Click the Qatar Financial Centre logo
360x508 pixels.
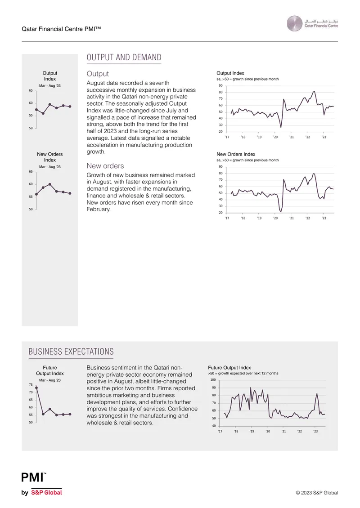(x=312, y=24)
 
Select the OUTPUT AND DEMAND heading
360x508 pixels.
(x=124, y=58)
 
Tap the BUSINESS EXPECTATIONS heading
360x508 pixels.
(x=71, y=352)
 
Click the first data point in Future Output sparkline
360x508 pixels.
(x=36, y=388)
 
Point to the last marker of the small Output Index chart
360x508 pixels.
(x=70, y=106)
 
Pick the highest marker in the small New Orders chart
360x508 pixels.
(x=49, y=184)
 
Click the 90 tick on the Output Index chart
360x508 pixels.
(x=220, y=85)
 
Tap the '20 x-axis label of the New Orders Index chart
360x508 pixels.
(x=275, y=218)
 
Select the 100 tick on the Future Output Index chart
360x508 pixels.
(x=213, y=380)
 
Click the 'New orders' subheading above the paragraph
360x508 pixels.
(x=105, y=166)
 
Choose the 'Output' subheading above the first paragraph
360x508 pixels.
(x=98, y=74)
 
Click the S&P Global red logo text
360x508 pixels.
(x=46, y=492)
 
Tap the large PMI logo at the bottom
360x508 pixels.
(x=33, y=477)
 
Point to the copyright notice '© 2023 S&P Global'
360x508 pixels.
(x=316, y=493)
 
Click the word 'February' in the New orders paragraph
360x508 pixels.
(x=98, y=209)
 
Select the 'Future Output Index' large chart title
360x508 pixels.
(x=229, y=368)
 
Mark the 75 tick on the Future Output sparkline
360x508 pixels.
(x=31, y=385)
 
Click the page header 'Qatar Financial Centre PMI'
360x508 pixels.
(x=61, y=29)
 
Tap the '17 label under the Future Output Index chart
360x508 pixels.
(x=220, y=431)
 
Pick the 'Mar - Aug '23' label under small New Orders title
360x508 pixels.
(x=49, y=167)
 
